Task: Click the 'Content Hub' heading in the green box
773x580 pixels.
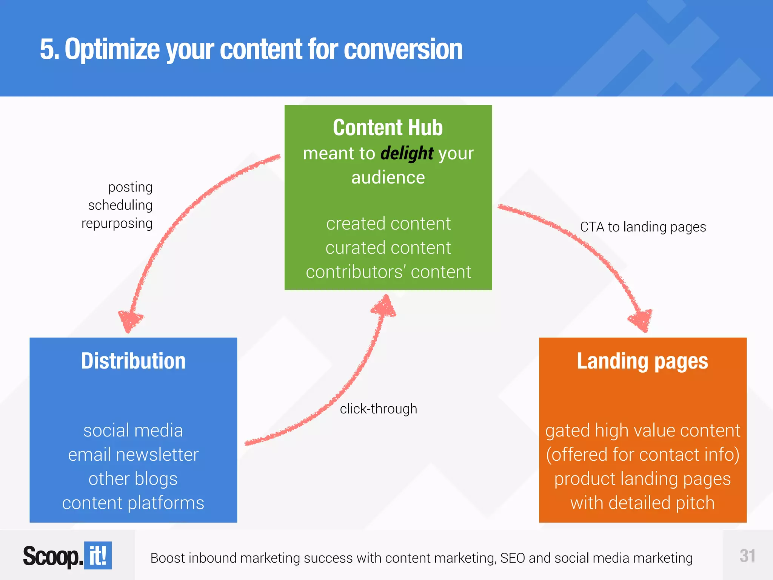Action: pyautogui.click(x=388, y=128)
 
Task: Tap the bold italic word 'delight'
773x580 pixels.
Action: pyautogui.click(x=407, y=154)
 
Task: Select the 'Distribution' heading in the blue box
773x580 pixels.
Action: pyautogui.click(x=133, y=361)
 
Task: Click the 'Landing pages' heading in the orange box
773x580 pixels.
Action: pyautogui.click(x=642, y=361)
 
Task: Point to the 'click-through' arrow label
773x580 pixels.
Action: pyautogui.click(x=378, y=409)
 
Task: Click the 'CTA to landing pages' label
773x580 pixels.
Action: pyautogui.click(x=643, y=227)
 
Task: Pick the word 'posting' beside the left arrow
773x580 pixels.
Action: pyautogui.click(x=130, y=187)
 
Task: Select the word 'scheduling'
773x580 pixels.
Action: pyautogui.click(x=120, y=205)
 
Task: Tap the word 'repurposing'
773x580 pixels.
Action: pyautogui.click(x=117, y=223)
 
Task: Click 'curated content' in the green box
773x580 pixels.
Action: pyautogui.click(x=388, y=248)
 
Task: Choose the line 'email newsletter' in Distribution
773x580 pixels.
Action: pyautogui.click(x=133, y=454)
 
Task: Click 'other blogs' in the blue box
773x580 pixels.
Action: pyautogui.click(x=133, y=479)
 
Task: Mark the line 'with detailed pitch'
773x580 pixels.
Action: pyautogui.click(x=642, y=503)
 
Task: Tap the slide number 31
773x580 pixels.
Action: pyautogui.click(x=747, y=556)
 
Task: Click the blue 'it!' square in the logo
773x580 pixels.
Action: pyautogui.click(x=98, y=555)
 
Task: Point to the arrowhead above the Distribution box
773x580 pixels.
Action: pyautogui.click(x=130, y=320)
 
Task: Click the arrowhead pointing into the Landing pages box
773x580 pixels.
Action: pyautogui.click(x=641, y=320)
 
